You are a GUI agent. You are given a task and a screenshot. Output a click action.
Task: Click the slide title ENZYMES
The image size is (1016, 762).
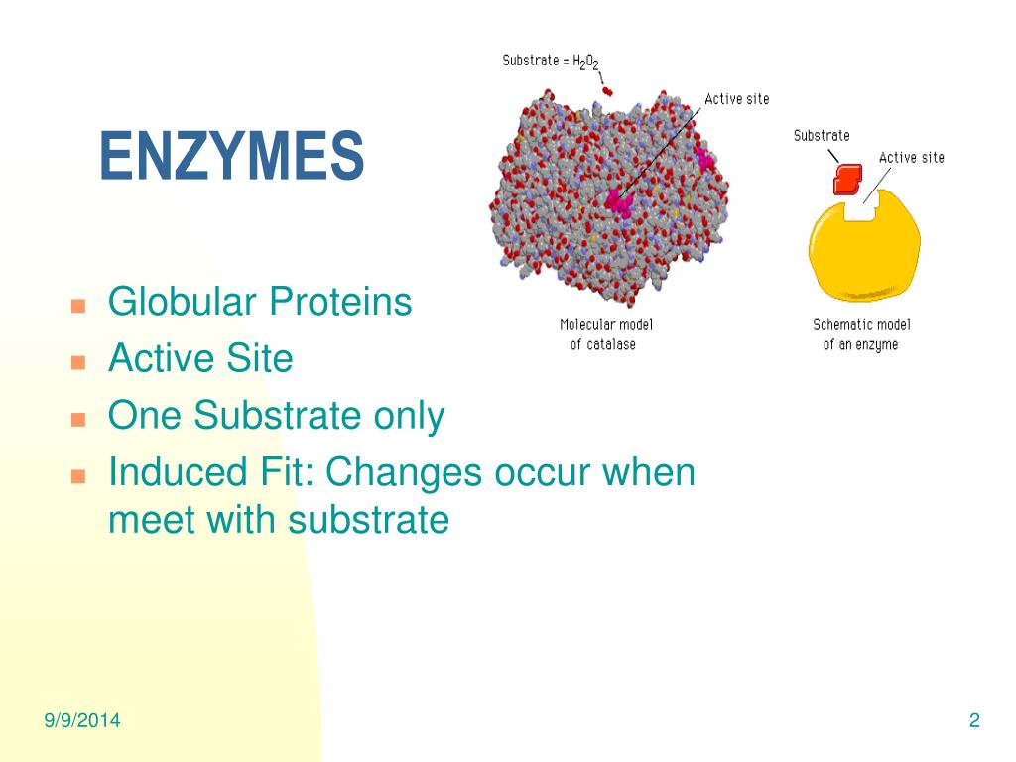[x=232, y=156]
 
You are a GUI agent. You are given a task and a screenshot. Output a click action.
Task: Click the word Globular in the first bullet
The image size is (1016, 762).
[x=183, y=302]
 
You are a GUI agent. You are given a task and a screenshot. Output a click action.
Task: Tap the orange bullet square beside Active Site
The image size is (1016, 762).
[x=78, y=361]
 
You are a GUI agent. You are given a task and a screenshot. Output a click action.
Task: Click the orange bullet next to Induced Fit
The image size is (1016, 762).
[x=78, y=476]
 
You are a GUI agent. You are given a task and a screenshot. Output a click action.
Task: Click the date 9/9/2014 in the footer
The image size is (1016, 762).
[x=82, y=720]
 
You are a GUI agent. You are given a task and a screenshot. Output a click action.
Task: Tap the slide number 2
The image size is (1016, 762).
[x=974, y=720]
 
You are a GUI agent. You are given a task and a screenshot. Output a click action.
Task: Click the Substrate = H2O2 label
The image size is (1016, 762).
[x=551, y=62]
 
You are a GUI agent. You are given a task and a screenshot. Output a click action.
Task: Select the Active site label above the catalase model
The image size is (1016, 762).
[x=737, y=99]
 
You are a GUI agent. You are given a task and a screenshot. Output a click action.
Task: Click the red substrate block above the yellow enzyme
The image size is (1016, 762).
[x=847, y=179]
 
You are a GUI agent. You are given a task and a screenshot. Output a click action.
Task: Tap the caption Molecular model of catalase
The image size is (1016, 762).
[x=605, y=334]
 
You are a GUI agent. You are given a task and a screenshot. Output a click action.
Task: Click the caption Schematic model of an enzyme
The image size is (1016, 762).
[x=861, y=334]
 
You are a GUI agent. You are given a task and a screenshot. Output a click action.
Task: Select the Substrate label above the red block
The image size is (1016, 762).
[x=822, y=135]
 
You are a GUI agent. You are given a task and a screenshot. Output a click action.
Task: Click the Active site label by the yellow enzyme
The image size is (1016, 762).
[x=912, y=158]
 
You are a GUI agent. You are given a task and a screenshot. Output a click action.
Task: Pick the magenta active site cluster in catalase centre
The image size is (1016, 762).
[x=619, y=202]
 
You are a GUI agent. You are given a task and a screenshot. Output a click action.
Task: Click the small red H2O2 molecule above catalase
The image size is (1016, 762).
[x=607, y=91]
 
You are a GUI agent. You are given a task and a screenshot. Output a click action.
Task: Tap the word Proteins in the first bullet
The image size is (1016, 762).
[x=340, y=302]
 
